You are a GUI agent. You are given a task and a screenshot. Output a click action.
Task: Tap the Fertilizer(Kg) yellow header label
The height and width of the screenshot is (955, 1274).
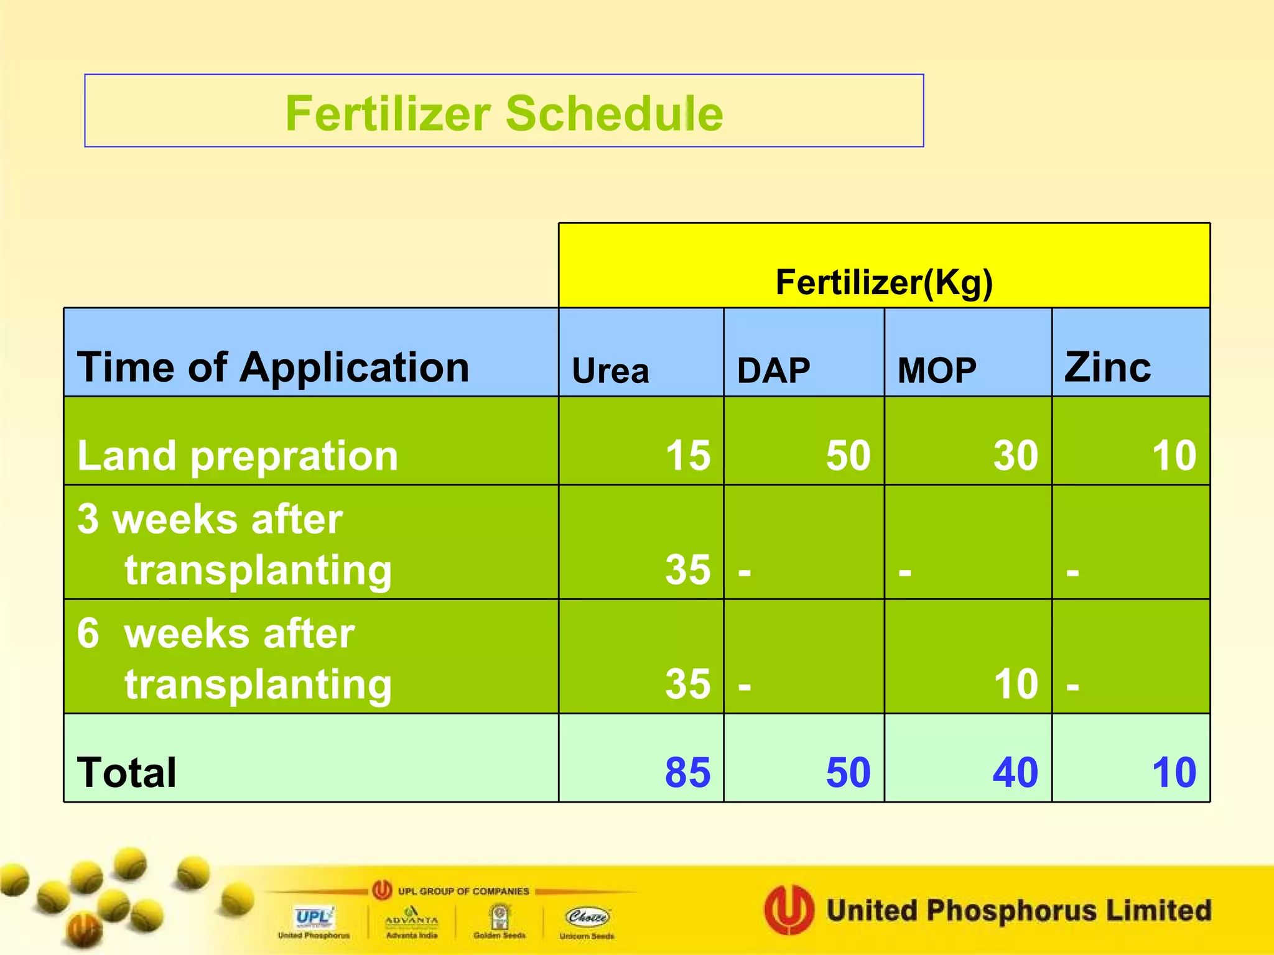(883, 282)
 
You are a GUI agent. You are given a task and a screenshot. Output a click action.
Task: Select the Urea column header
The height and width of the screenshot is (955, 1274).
(610, 371)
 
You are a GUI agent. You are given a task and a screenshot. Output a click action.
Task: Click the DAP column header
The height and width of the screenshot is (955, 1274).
(773, 371)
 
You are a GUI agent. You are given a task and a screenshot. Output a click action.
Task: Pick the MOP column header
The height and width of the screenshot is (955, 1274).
(937, 371)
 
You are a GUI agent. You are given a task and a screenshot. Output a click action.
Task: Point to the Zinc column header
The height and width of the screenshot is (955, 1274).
(1107, 367)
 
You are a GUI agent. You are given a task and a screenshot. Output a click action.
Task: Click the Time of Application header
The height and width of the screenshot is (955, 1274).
(273, 367)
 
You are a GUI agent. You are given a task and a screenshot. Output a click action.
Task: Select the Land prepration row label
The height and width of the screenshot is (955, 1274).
(238, 456)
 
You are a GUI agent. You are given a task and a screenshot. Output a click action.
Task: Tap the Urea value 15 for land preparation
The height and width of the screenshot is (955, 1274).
(687, 456)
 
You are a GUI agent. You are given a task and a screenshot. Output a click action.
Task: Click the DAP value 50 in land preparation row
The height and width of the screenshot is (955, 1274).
(848, 456)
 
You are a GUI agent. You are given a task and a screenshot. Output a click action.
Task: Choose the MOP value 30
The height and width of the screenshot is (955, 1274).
(1015, 456)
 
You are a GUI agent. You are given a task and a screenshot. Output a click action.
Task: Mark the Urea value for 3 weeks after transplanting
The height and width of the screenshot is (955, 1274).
(687, 570)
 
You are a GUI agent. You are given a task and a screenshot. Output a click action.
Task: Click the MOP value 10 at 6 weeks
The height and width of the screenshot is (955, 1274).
(1015, 684)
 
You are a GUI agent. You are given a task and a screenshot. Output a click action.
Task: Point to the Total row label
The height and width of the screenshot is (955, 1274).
(127, 773)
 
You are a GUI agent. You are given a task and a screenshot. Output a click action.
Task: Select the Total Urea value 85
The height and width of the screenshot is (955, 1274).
(687, 773)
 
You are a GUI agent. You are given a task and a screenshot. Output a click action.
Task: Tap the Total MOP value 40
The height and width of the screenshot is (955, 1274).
(1015, 773)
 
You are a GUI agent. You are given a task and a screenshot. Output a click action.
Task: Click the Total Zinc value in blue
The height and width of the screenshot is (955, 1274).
(1174, 773)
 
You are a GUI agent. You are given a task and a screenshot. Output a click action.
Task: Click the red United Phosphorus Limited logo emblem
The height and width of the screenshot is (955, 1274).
(789, 910)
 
